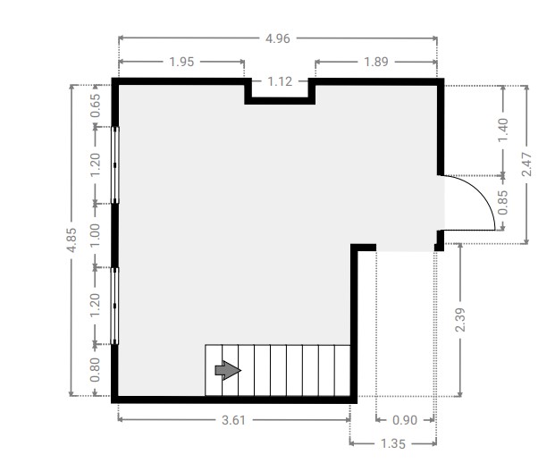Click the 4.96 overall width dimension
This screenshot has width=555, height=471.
pos(278,38)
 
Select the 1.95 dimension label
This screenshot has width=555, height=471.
pos(181,62)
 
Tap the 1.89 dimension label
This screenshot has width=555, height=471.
pos(376,62)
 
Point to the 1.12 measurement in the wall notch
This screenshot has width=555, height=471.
pos(280,81)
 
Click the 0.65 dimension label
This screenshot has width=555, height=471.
pos(96,105)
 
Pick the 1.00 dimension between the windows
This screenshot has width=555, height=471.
pos(96,235)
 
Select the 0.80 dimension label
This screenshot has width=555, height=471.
pos(96,370)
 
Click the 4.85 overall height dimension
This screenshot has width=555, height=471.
pos(71,240)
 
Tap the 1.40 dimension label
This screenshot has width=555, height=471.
pos(503,130)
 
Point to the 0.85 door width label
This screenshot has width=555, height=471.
pos(503,202)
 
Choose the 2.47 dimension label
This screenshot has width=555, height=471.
pos(526,164)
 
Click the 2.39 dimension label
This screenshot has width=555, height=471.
pos(460,320)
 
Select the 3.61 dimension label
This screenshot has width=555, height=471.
pos(233,420)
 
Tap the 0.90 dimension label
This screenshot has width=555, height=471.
pos(405,420)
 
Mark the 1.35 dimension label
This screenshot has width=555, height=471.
pos(393,444)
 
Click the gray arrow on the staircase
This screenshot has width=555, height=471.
pos(228,371)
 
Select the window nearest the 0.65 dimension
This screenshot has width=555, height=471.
pos(115,165)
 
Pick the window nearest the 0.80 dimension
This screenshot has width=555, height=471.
pos(114,306)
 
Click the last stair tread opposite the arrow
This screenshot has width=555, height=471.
pos(342,371)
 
